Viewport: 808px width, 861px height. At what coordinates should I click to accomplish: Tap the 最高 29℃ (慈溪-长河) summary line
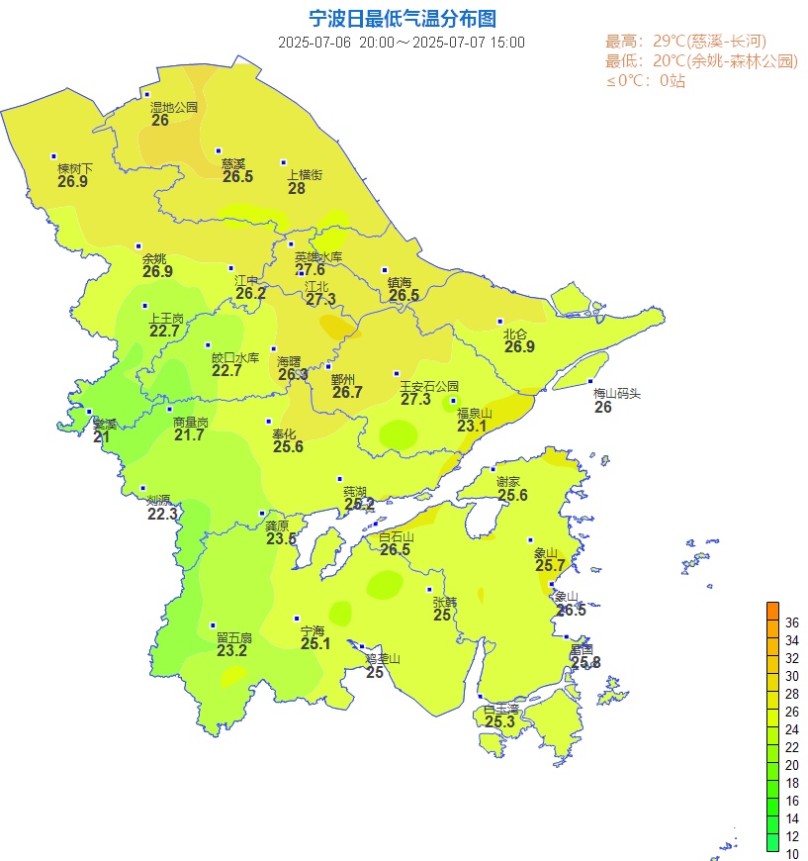(685, 42)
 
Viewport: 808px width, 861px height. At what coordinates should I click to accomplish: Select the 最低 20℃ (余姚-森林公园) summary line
(701, 61)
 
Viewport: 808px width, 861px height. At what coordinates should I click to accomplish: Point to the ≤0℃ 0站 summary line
(645, 81)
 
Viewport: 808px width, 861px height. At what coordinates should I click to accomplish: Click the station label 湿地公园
(174, 107)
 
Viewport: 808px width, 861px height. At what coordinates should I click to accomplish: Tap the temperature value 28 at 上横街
(297, 188)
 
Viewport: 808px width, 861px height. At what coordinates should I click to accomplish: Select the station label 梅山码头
(617, 393)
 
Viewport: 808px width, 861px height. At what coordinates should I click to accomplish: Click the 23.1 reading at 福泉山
(473, 427)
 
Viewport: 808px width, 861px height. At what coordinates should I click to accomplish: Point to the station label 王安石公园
(429, 386)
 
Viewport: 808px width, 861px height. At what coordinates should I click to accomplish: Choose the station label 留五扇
(234, 637)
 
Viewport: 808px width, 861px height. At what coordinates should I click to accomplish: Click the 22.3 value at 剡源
(162, 514)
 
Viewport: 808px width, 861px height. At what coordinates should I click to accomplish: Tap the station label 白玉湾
(500, 709)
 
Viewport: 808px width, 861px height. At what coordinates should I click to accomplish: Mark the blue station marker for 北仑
(500, 321)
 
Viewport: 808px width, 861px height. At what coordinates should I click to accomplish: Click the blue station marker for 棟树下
(53, 155)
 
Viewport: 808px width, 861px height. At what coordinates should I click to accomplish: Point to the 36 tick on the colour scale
(791, 622)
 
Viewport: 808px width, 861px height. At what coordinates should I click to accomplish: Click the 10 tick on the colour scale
(791, 854)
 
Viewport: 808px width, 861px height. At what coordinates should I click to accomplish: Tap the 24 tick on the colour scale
(791, 729)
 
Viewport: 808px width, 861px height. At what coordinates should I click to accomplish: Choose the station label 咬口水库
(235, 357)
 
